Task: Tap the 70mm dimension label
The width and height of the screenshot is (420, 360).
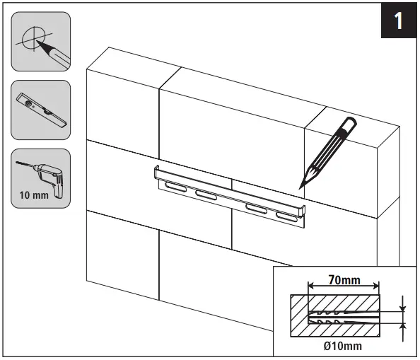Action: point(345,281)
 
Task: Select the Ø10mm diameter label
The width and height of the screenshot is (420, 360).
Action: point(344,346)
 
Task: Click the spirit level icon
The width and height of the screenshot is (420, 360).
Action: point(41,110)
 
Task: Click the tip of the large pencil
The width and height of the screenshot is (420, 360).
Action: point(301,185)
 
